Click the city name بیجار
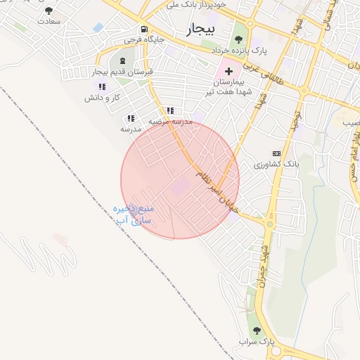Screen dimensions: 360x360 pyautogui.click(x=205, y=30)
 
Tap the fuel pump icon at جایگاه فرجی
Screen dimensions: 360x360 pyautogui.click(x=144, y=30)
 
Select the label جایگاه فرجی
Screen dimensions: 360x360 pyautogui.click(x=144, y=40)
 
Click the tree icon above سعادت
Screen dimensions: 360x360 pyautogui.click(x=49, y=11)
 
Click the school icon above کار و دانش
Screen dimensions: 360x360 pyautogui.click(x=103, y=86)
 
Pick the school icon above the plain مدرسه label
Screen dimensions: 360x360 pyautogui.click(x=131, y=119)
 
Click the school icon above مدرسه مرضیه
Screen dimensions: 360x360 pyautogui.click(x=170, y=111)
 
